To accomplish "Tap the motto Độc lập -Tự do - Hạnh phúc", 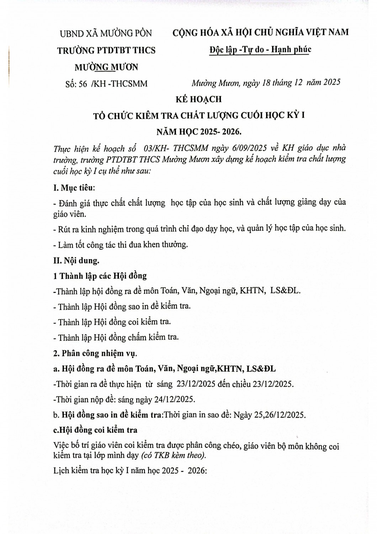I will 260,49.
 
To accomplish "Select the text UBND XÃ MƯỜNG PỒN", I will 106,33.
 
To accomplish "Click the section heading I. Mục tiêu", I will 74,187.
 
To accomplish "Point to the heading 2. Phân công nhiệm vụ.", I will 95,354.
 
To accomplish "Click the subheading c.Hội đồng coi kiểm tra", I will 95,430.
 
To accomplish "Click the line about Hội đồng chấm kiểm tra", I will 116,337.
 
